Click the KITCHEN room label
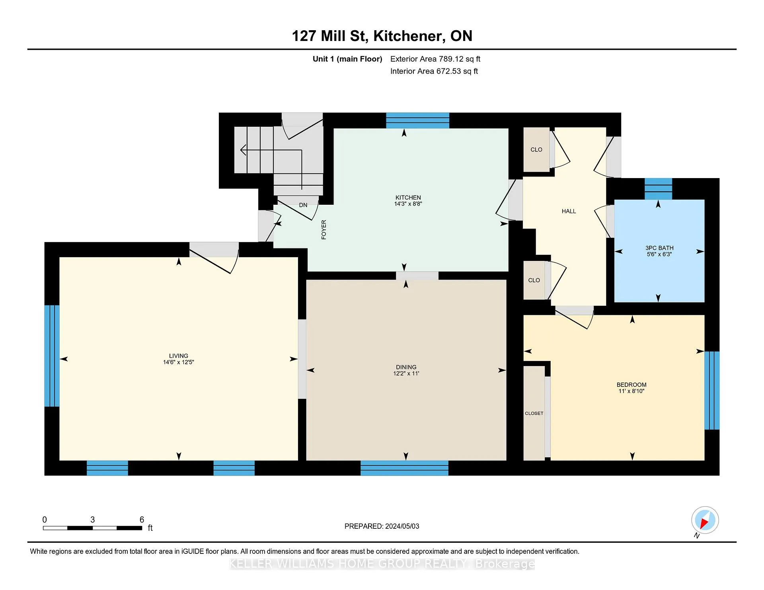pos(408,198)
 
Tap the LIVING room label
pos(178,356)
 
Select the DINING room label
pos(406,367)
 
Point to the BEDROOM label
pos(631,384)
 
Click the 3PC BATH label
pos(659,248)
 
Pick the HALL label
pos(569,211)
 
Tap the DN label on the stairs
pos(303,205)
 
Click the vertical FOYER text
pos(324,229)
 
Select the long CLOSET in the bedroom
pos(534,413)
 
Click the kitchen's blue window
pos(417,120)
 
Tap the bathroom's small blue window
pos(658,189)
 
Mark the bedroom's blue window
pos(712,390)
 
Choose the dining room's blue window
pos(404,468)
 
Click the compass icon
pos(705,520)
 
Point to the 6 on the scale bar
pos(142,519)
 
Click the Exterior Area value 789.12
pos(451,59)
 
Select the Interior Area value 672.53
pos(448,71)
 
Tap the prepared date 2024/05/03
pos(402,526)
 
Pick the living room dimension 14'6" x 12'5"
pos(178,362)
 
